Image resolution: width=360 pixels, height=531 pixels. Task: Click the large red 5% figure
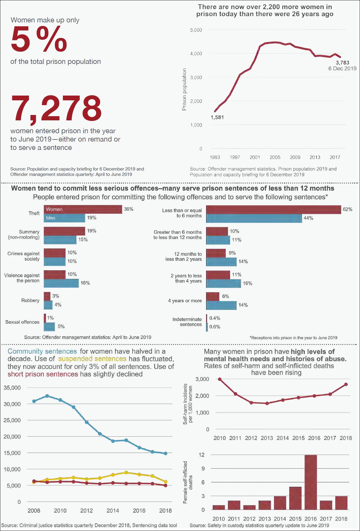pyautogui.click(x=39, y=39)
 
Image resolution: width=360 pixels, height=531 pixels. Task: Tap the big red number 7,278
pyautogui.click(x=56, y=108)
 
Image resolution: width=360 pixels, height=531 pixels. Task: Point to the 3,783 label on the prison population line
pyautogui.click(x=342, y=63)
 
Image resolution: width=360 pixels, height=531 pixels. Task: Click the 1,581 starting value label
pyautogui.click(x=217, y=117)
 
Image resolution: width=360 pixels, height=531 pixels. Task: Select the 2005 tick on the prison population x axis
pyautogui.click(x=275, y=157)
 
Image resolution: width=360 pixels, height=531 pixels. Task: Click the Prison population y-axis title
pyautogui.click(x=184, y=89)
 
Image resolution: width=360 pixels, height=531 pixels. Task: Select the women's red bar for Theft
pyautogui.click(x=83, y=209)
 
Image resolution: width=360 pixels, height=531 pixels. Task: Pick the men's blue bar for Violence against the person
pyautogui.click(x=61, y=283)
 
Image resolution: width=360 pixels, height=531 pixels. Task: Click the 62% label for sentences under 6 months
pyautogui.click(x=347, y=209)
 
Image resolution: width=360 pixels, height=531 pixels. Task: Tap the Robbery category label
pyautogui.click(x=30, y=300)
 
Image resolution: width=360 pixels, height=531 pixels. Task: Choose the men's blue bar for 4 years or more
pyautogui.click(x=221, y=305)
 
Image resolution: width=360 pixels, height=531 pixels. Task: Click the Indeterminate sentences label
pyautogui.click(x=187, y=322)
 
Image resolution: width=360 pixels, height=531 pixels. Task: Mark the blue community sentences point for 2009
pyautogui.click(x=47, y=396)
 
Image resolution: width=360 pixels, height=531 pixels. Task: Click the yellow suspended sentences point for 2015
pyautogui.click(x=126, y=472)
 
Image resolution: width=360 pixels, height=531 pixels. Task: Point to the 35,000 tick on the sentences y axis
pyautogui.click(x=12, y=388)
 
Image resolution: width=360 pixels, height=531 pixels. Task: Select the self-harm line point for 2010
pyautogui.click(x=220, y=379)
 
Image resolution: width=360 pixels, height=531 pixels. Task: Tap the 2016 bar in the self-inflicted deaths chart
pyautogui.click(x=311, y=482)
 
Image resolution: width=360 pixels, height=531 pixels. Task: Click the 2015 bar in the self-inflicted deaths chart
pyautogui.click(x=295, y=498)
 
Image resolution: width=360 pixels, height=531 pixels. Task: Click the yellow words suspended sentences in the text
pyautogui.click(x=92, y=359)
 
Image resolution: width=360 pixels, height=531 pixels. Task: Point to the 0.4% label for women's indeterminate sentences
pyautogui.click(x=215, y=318)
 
